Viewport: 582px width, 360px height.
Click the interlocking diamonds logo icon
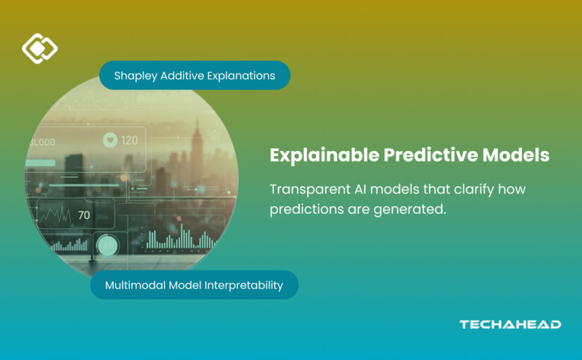[40, 48]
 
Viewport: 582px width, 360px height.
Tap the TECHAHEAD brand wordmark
[510, 324]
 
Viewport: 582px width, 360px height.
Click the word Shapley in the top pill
[135, 76]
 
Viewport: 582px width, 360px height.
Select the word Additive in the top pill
[182, 76]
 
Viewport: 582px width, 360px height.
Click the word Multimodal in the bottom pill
[135, 285]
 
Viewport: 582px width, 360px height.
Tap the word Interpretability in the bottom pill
[244, 285]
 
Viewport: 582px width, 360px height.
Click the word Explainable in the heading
[325, 155]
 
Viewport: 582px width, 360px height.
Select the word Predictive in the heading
[430, 155]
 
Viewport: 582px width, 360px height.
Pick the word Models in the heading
[516, 155]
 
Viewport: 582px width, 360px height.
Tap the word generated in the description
[410, 209]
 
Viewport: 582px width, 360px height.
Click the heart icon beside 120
[110, 140]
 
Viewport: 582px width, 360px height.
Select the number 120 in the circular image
[129, 140]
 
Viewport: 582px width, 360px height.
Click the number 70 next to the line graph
[84, 215]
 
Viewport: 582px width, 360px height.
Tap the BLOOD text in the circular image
[42, 143]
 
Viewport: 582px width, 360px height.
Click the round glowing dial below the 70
[107, 246]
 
